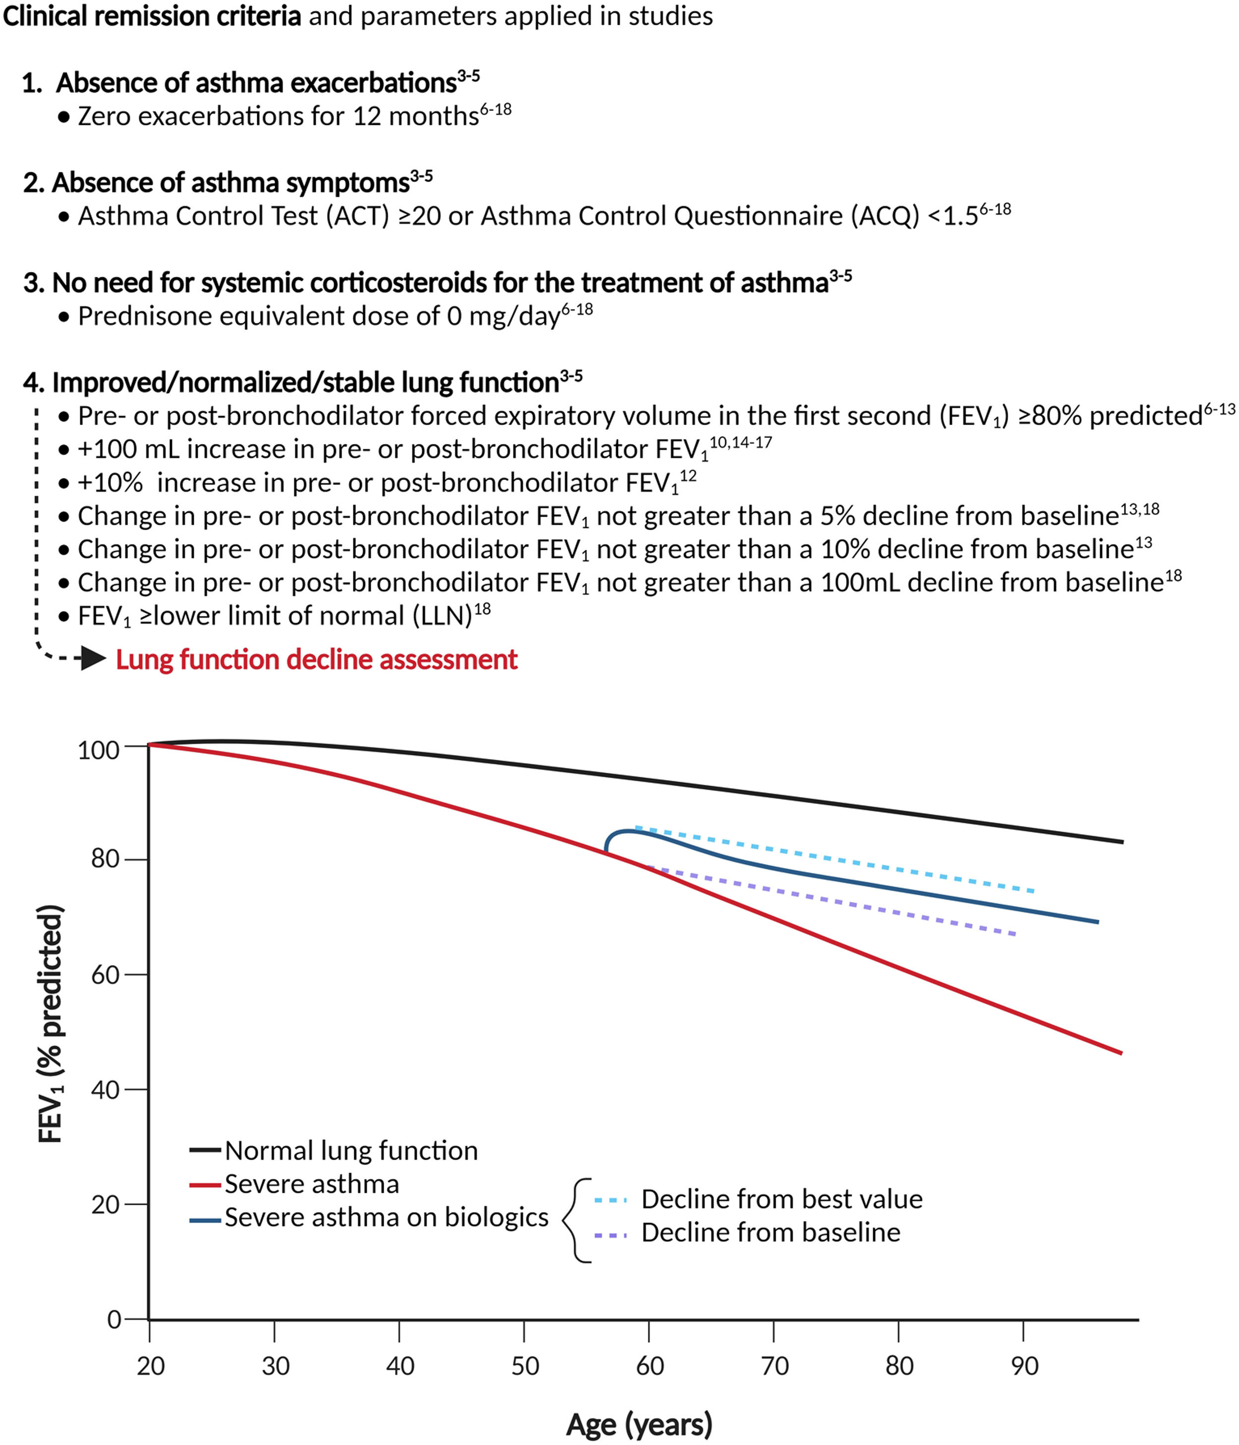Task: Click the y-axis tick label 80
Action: click(x=105, y=858)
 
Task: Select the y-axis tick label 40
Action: click(x=105, y=1089)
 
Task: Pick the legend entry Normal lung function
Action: click(x=351, y=1151)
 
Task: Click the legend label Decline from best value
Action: click(x=782, y=1199)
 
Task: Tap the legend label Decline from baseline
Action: click(x=770, y=1232)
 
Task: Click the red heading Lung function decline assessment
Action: click(x=316, y=659)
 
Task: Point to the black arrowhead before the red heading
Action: click(x=93, y=658)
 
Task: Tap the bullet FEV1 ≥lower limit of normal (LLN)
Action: click(x=276, y=616)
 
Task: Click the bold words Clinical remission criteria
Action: click(x=152, y=16)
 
